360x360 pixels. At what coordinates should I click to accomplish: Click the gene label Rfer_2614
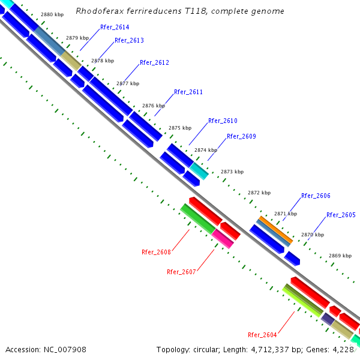pyautogui.click(x=114, y=28)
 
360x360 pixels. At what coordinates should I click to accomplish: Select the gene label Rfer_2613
pyautogui.click(x=129, y=40)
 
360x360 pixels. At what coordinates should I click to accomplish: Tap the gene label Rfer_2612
pyautogui.click(x=154, y=62)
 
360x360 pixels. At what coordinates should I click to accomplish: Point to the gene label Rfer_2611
pyautogui.click(x=188, y=92)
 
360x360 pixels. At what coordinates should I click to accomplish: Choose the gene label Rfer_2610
pyautogui.click(x=223, y=121)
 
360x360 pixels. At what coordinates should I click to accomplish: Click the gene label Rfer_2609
pyautogui.click(x=241, y=136)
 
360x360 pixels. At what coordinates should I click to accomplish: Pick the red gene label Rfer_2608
pyautogui.click(x=156, y=252)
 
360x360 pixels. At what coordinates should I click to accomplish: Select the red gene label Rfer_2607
pyautogui.click(x=181, y=272)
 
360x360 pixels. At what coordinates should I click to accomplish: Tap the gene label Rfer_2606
pyautogui.click(x=316, y=196)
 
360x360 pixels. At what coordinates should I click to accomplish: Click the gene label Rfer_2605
pyautogui.click(x=341, y=215)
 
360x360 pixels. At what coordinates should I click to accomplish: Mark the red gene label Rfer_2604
pyautogui.click(x=262, y=335)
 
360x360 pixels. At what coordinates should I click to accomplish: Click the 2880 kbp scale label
pyautogui.click(x=52, y=14)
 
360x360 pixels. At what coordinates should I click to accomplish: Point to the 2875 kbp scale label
pyautogui.click(x=180, y=128)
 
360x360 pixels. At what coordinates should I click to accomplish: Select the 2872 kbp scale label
pyautogui.click(x=259, y=193)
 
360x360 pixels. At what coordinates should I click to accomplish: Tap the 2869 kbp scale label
pyautogui.click(x=340, y=256)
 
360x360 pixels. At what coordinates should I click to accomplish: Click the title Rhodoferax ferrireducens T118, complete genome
pyautogui.click(x=180, y=11)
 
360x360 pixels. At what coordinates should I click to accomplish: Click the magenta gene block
pyautogui.click(x=223, y=238)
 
